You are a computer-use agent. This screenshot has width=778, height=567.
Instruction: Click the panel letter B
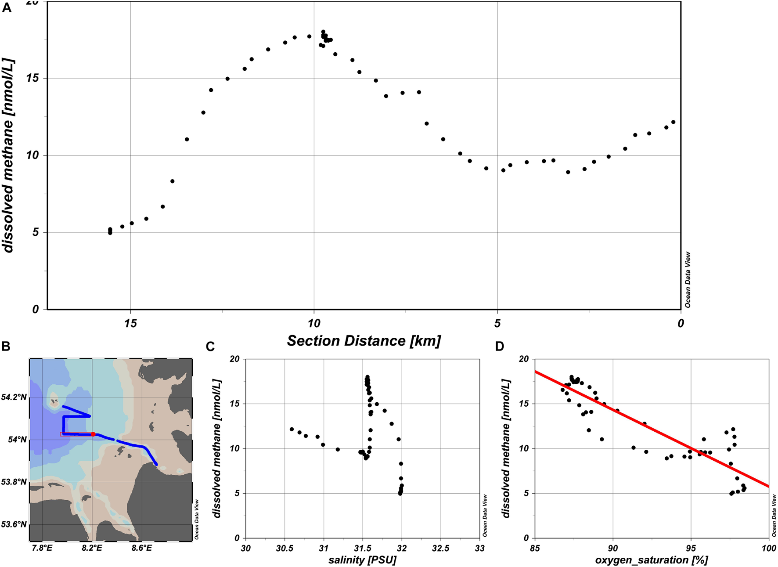pyautogui.click(x=6, y=347)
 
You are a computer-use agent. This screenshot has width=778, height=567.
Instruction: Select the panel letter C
pyautogui.click(x=210, y=347)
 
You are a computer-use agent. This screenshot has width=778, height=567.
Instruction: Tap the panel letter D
pyautogui.click(x=500, y=347)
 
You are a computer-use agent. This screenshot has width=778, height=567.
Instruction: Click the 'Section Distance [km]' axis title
pyautogui.click(x=364, y=341)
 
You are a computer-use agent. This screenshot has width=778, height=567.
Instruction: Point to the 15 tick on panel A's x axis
pyautogui.click(x=130, y=324)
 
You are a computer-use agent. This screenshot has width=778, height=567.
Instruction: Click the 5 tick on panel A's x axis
pyautogui.click(x=497, y=324)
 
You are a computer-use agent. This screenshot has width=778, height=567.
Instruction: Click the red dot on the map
pyautogui.click(x=93, y=434)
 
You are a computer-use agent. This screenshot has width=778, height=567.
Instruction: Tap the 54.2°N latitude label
pyautogui.click(x=14, y=397)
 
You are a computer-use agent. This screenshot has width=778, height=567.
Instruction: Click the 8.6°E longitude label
pyautogui.click(x=141, y=548)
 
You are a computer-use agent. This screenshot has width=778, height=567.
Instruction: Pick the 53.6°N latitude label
pyautogui.click(x=14, y=524)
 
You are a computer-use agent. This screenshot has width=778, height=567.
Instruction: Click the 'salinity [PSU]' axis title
pyautogui.click(x=362, y=560)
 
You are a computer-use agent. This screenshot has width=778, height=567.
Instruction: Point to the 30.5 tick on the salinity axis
pyautogui.click(x=285, y=548)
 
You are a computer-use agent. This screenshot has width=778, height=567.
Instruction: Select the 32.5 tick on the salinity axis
pyautogui.click(x=440, y=548)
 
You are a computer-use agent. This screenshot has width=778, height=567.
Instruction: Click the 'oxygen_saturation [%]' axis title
pyautogui.click(x=652, y=560)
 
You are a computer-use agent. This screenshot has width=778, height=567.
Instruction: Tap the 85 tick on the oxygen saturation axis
pyautogui.click(x=535, y=548)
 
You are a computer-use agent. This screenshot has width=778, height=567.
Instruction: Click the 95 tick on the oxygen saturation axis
pyautogui.click(x=691, y=548)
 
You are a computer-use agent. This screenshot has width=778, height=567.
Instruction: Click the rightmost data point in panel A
pyautogui.click(x=673, y=122)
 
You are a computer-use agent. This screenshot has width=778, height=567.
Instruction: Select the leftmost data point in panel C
pyautogui.click(x=292, y=429)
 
